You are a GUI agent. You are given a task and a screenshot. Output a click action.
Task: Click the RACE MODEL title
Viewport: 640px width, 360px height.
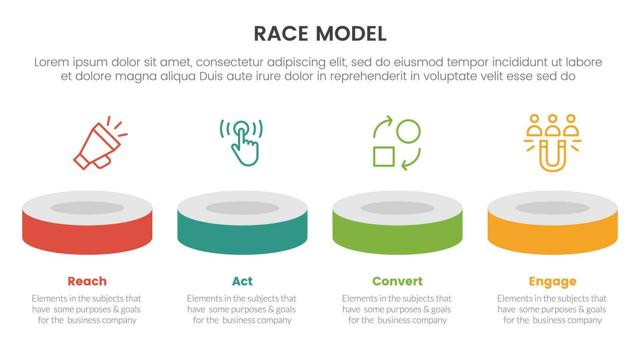pos(320,34)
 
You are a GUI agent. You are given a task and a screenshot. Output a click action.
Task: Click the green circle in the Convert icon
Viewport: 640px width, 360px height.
pos(408,131)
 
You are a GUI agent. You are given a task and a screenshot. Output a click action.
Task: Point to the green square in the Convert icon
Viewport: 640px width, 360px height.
pos(384,156)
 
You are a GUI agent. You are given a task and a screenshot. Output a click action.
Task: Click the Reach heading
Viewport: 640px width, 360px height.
pos(87,281)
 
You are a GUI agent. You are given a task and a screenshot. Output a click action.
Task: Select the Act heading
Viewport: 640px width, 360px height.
pos(242,281)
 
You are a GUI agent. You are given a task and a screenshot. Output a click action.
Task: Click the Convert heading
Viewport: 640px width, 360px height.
pos(397,281)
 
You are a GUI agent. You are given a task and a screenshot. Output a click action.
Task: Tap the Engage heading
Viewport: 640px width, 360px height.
pos(552,282)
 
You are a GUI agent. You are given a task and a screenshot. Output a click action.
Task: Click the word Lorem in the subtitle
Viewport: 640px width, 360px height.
pos(51,62)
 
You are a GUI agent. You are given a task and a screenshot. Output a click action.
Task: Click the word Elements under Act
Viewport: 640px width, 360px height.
pos(202,298)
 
